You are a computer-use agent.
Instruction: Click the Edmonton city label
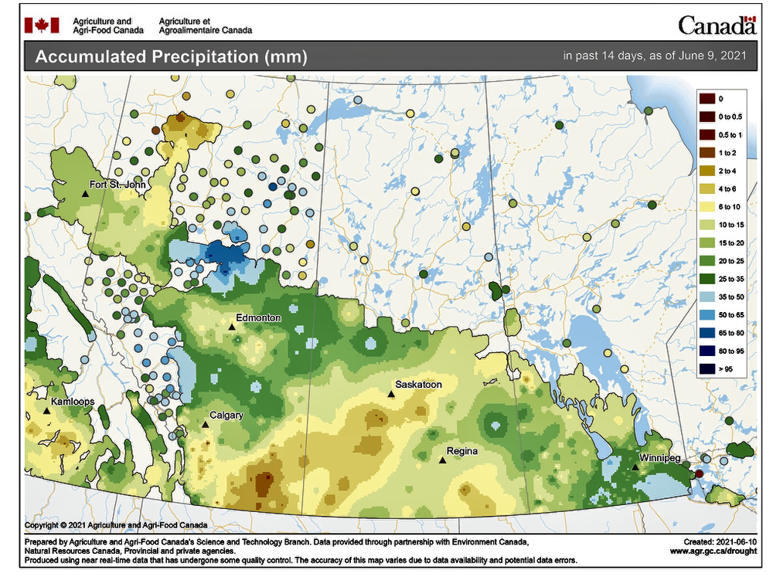click(259, 317)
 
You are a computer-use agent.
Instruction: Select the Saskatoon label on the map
click(418, 384)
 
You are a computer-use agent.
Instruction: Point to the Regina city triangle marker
click(442, 460)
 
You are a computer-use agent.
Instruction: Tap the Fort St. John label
click(117, 185)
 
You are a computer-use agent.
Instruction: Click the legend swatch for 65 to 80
click(706, 332)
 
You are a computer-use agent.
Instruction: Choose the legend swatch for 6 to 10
click(706, 207)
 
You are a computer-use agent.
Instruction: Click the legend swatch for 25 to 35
click(706, 278)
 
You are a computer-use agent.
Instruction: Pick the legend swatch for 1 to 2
click(706, 153)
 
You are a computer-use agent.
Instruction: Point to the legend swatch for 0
click(706, 99)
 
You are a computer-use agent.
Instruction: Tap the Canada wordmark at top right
click(717, 25)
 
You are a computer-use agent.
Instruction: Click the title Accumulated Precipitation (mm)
click(171, 57)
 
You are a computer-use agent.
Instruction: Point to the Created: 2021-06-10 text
click(715, 543)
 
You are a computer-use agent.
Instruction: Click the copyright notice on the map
click(115, 525)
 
